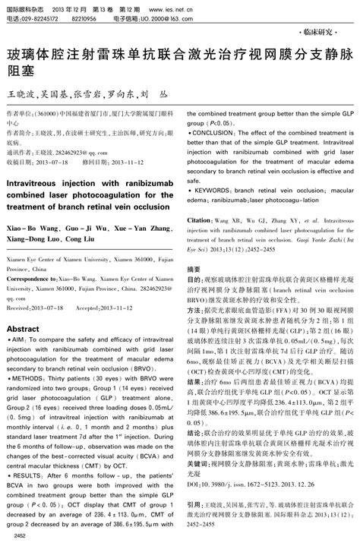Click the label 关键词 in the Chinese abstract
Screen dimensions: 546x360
coord(198,440)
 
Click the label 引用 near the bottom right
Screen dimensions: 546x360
coord(194,504)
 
